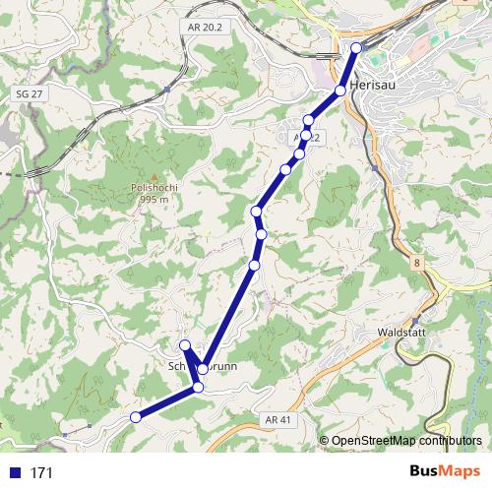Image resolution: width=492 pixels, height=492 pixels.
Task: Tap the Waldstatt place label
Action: (400, 334)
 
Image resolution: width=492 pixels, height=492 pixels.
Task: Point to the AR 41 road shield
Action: (279, 419)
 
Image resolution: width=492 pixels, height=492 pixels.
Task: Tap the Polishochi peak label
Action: (151, 187)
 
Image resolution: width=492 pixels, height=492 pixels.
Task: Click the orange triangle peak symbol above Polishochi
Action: (152, 175)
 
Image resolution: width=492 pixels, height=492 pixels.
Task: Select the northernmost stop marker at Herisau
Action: (356, 47)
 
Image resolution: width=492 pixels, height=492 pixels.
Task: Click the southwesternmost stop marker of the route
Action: (136, 417)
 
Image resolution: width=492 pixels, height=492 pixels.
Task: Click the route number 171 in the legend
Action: (41, 473)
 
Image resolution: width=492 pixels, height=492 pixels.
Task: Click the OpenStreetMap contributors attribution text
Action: (406, 441)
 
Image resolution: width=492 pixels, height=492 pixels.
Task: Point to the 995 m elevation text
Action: (151, 199)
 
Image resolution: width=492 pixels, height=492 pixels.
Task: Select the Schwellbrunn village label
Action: (197, 368)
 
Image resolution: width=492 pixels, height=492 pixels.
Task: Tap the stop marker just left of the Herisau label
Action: (340, 90)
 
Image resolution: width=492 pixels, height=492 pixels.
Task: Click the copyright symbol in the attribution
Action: (324, 441)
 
